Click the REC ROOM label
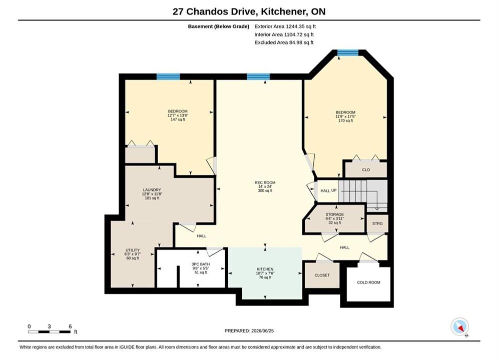[x=265, y=186]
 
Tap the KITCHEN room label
[x=265, y=273]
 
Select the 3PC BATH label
[x=201, y=268]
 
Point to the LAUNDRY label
[x=152, y=194]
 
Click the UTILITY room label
[x=133, y=254]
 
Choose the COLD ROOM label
[x=368, y=282]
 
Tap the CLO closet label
[x=366, y=169]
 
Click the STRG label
[x=377, y=223]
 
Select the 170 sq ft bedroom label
[x=345, y=116]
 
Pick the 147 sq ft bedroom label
[x=178, y=115]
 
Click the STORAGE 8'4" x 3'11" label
[x=334, y=218]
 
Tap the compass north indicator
[x=459, y=326]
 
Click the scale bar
[x=49, y=332]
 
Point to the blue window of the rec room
[x=258, y=76]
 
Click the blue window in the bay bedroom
[x=348, y=52]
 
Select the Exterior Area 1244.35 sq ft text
[x=285, y=26]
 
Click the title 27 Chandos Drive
[x=214, y=11]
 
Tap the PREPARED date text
[x=249, y=331]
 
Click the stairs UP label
[x=334, y=190]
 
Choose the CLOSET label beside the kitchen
[x=322, y=275]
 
